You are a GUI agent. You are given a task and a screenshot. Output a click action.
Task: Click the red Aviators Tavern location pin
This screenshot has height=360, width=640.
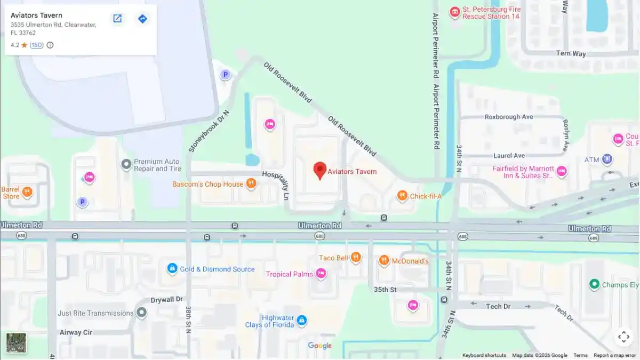(x=319, y=170)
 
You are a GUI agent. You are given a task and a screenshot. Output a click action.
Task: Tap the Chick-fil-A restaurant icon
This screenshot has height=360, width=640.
(x=402, y=196)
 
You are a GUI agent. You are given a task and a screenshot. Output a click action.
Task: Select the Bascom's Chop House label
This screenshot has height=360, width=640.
(x=207, y=185)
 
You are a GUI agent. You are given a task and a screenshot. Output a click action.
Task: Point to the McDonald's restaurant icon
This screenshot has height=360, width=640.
(x=384, y=260)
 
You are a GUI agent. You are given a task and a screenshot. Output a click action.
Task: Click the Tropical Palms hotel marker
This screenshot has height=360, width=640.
(x=321, y=274)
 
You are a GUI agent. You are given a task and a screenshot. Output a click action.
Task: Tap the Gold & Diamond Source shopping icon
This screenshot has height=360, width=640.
(x=172, y=268)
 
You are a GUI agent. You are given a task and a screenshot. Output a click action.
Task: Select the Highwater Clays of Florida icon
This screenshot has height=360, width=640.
(x=302, y=320)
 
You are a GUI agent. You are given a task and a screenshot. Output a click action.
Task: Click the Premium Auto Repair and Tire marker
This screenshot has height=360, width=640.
(x=126, y=164)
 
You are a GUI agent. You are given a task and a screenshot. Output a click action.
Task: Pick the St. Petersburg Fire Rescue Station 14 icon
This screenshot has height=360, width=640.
(x=454, y=12)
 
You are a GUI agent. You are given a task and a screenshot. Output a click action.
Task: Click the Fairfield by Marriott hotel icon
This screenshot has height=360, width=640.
(x=561, y=171)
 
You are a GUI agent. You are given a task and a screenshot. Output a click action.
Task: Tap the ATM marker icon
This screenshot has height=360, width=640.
(x=607, y=159)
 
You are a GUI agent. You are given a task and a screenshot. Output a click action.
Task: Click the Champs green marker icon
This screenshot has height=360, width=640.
(x=594, y=284)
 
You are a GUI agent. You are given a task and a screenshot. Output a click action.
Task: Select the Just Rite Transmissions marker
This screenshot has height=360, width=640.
(x=141, y=313)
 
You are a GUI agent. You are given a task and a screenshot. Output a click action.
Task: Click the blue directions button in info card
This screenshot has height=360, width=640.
(x=142, y=19)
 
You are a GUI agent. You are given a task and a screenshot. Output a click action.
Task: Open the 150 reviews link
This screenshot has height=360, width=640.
(x=36, y=45)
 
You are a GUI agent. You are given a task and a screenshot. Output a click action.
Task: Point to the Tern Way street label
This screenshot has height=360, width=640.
(x=571, y=53)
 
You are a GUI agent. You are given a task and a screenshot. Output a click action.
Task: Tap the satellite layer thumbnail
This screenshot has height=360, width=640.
(x=16, y=342)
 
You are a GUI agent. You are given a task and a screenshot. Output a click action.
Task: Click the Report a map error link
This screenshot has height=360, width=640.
(x=614, y=355)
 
